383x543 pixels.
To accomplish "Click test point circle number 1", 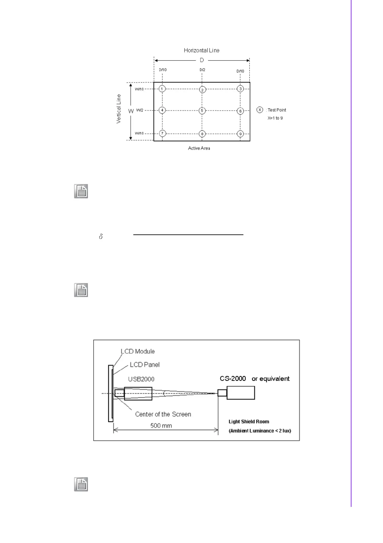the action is tap(162, 89).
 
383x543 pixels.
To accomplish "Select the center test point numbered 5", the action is tap(202, 111).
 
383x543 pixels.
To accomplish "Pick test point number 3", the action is tap(240, 89).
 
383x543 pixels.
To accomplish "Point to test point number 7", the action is tap(163, 133).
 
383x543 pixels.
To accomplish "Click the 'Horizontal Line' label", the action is tap(201, 50).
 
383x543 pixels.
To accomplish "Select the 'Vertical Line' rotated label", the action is tap(119, 109).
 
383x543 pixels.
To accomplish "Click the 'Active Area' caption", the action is tap(199, 148).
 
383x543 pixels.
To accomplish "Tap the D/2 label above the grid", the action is tap(202, 70).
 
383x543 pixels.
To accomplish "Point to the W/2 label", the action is tap(140, 110).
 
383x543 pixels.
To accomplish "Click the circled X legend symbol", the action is tap(260, 110).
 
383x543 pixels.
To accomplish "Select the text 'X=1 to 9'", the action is tap(275, 118).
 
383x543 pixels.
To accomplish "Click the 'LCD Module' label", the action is tap(138, 351).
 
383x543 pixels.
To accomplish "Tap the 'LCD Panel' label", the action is tap(145, 365).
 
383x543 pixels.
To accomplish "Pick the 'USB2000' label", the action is tap(141, 379).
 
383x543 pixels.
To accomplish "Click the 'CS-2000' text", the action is tap(233, 379).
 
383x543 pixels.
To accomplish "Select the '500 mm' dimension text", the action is tap(161, 426).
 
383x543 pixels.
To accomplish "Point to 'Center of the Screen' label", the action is tap(163, 414).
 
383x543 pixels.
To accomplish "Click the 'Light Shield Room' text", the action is tap(249, 421).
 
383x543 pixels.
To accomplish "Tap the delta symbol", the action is tap(101, 237).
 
